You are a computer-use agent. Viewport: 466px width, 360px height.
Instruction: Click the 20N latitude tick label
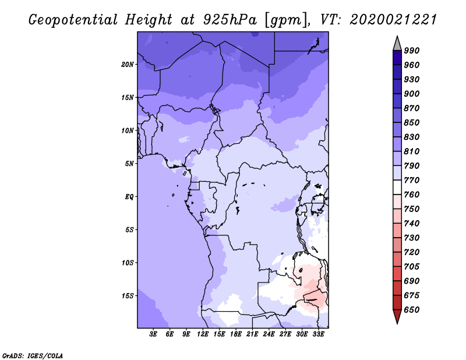127,65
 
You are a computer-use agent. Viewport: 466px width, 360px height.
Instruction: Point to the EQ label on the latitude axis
129,197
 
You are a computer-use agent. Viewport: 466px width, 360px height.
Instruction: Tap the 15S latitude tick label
128,296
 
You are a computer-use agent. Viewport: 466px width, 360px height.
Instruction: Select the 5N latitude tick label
129,164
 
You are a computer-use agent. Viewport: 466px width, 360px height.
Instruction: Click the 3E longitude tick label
153,334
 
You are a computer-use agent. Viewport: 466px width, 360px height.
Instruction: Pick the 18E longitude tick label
236,334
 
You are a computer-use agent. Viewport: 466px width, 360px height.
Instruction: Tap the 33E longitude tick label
318,334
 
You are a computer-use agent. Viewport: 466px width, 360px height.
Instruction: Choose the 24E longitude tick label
269,334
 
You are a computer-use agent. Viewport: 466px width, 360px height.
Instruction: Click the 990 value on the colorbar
412,51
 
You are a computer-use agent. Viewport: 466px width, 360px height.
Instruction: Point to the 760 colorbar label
412,195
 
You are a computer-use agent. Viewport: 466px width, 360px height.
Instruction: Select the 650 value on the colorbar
412,310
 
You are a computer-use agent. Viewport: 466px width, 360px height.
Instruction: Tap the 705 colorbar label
412,267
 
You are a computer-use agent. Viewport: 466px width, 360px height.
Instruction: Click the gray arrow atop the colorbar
397,44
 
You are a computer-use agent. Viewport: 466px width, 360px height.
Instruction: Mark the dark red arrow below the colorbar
397,316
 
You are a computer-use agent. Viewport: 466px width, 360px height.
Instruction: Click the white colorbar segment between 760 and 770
397,188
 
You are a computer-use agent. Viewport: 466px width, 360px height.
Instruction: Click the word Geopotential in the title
73,20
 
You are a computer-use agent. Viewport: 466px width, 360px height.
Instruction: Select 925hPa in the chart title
230,20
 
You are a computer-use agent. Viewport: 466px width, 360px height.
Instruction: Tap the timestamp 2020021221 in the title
393,20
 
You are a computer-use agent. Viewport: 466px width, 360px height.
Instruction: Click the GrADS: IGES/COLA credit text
33,356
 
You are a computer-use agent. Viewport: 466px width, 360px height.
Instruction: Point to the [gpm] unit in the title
286,20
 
